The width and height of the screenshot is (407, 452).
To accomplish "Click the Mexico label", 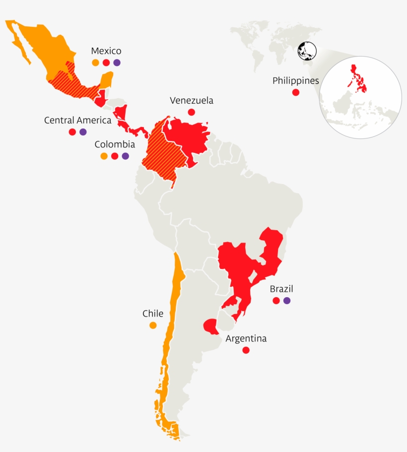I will tap(106, 51).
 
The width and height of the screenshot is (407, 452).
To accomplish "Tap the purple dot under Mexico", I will tap(117, 63).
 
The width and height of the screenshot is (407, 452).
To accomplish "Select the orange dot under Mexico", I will tap(95, 63).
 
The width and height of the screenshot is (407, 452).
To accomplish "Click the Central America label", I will tap(77, 120).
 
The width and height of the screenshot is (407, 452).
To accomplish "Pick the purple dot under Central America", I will tap(83, 132).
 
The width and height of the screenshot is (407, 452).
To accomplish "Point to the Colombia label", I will tap(115, 144).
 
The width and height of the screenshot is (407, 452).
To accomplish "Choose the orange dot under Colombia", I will tap(104, 156).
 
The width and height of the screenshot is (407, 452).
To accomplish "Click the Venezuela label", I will tap(191, 101).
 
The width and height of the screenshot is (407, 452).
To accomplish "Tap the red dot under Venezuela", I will tap(192, 112).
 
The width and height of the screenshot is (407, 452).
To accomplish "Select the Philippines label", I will tap(295, 80).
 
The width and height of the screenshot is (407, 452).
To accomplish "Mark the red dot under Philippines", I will tap(296, 92).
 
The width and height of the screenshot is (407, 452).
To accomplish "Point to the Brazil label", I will tap(281, 289).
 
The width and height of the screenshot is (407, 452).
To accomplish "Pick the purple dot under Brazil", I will tap(287, 301).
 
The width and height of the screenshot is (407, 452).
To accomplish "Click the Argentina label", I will tap(246, 339).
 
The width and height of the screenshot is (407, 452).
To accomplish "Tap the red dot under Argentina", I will tap(246, 350).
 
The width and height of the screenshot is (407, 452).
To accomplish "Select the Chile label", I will tap(153, 314).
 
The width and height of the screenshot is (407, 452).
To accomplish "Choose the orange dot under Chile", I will tap(153, 325).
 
